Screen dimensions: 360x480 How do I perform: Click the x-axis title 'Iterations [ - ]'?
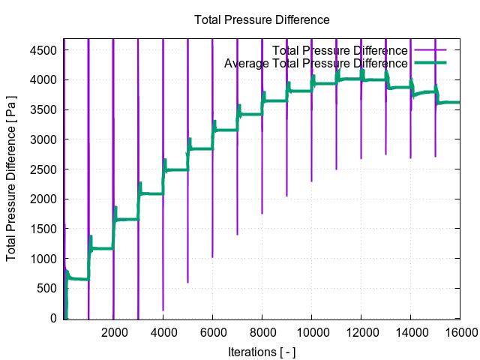[262, 351]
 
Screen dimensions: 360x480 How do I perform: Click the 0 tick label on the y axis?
[54, 319]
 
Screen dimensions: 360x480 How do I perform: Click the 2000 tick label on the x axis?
[113, 334]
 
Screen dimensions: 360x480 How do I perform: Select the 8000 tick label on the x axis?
[262, 334]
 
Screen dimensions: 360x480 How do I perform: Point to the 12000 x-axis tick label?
[361, 334]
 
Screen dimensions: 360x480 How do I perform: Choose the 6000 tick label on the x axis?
[212, 334]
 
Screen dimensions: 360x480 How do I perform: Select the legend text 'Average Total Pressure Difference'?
[316, 64]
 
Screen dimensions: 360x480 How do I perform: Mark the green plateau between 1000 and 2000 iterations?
[102, 248]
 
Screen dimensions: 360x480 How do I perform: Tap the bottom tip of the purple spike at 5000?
[187, 283]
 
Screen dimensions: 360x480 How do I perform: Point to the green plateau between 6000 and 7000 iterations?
[225, 130]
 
